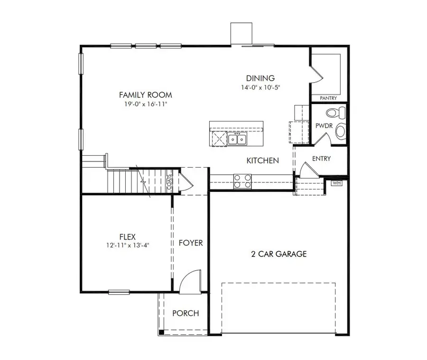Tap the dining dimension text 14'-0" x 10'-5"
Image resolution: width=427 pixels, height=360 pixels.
(260, 87)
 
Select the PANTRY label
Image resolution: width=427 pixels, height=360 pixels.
(328, 98)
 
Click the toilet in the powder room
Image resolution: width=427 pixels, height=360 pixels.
(337, 114)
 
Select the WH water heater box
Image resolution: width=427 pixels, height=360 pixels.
(336, 183)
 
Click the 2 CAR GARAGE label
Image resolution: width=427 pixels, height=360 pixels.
(278, 254)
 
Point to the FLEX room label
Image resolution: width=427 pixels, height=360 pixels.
(127, 237)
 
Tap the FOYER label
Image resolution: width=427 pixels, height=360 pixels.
(190, 243)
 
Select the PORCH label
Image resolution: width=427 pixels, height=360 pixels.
(185, 313)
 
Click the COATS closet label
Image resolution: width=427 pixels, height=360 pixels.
(169, 181)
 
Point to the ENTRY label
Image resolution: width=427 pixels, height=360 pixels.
(321, 159)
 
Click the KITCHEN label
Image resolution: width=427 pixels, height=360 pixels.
(262, 161)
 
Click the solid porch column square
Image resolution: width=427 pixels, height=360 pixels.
(161, 332)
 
